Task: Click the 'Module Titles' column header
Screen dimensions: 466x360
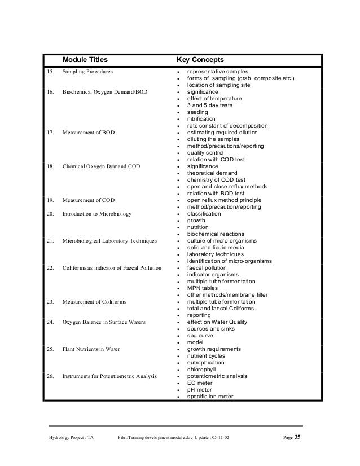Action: click(85, 60)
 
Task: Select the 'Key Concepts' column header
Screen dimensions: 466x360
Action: click(200, 60)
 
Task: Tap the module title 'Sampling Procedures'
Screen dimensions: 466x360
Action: click(87, 72)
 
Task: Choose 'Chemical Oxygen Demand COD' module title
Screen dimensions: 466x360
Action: click(102, 166)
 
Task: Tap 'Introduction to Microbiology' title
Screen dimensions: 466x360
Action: click(96, 214)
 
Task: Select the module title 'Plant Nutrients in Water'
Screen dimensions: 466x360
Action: click(91, 349)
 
